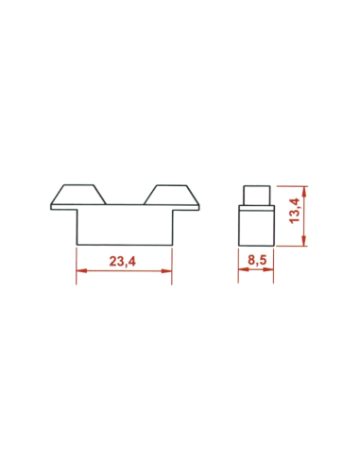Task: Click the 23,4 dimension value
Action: pyautogui.click(x=124, y=264)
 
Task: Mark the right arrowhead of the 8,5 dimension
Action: pyautogui.click(x=271, y=271)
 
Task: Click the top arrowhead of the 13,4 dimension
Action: pyautogui.click(x=304, y=188)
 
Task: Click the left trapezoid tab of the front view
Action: pyautogui.click(x=77, y=195)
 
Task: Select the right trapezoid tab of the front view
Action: pyautogui.click(x=170, y=195)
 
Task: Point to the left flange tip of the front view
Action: pyautogui.click(x=53, y=207)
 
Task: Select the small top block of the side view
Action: pyautogui.click(x=255, y=194)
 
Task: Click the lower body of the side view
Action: pyautogui.click(x=255, y=225)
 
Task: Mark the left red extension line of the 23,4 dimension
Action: pyautogui.click(x=77, y=265)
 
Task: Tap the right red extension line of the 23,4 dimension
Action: pyautogui.click(x=172, y=265)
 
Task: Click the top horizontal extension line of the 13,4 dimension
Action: pyautogui.click(x=290, y=184)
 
